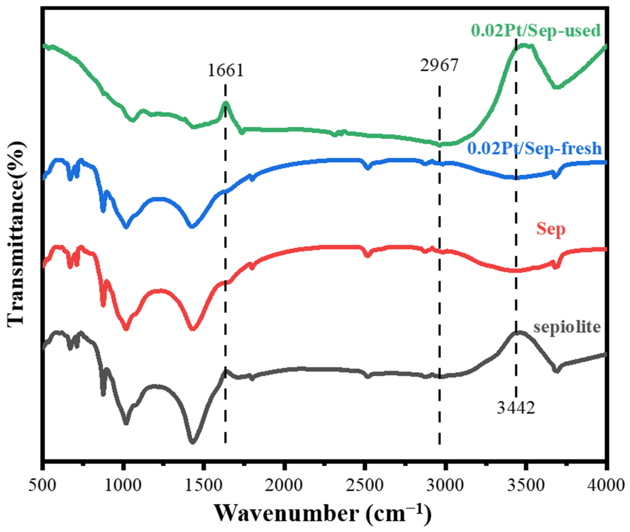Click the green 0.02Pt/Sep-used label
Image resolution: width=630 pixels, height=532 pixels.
[536, 31]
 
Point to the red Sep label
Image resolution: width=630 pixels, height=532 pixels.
[550, 229]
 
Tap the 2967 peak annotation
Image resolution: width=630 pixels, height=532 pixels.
[439, 65]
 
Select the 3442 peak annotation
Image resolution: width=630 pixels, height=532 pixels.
[516, 408]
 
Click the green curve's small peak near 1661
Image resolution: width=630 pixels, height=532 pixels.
[226, 103]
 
